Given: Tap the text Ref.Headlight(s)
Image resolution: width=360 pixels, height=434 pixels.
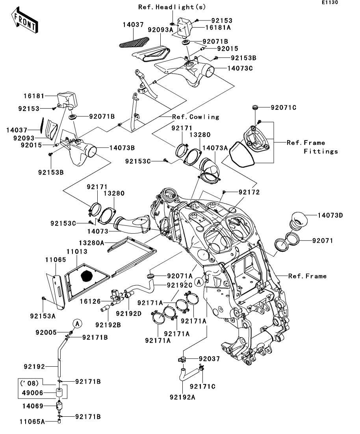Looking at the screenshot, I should pyautogui.click(x=172, y=7).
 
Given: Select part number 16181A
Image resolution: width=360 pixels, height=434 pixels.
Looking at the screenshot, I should pyautogui.click(x=217, y=28).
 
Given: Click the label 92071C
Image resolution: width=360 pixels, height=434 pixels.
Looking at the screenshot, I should pyautogui.click(x=283, y=107).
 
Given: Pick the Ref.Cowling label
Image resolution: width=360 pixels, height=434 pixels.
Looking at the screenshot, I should pyautogui.click(x=195, y=117).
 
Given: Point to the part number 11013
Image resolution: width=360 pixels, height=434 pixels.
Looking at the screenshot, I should pyautogui.click(x=76, y=251).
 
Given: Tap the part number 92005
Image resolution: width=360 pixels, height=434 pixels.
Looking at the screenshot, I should pyautogui.click(x=47, y=332).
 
